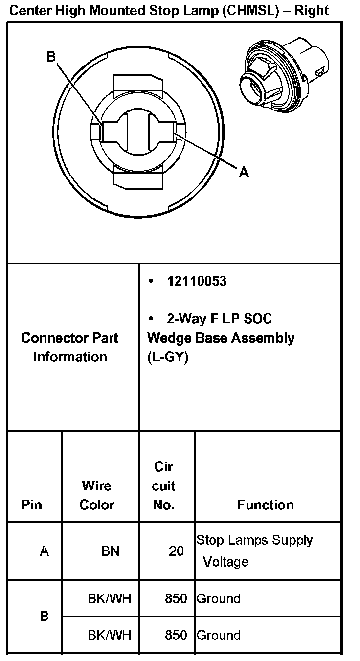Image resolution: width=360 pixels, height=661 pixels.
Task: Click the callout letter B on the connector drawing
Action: click(51, 57)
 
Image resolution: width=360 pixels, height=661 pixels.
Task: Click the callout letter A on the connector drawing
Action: click(243, 172)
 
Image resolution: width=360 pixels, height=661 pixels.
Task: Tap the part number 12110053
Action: click(197, 281)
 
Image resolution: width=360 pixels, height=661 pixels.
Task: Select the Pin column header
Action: click(32, 505)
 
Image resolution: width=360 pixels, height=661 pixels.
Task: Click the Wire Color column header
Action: click(97, 495)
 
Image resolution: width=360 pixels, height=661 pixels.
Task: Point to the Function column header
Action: click(265, 505)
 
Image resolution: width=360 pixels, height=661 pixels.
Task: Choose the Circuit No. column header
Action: click(164, 486)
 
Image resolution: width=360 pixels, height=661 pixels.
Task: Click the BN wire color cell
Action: click(110, 551)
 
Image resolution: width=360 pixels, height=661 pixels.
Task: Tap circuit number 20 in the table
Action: click(176, 551)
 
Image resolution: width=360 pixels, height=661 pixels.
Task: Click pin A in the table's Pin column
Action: click(44, 551)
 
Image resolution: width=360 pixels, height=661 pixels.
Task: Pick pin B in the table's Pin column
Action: click(44, 617)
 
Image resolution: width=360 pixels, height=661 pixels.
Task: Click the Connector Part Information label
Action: click(69, 347)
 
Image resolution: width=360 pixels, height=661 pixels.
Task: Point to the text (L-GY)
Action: click(168, 357)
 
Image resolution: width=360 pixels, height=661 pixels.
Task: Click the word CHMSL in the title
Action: click(249, 11)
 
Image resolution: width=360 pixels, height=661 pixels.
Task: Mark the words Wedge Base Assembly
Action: click(221, 338)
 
